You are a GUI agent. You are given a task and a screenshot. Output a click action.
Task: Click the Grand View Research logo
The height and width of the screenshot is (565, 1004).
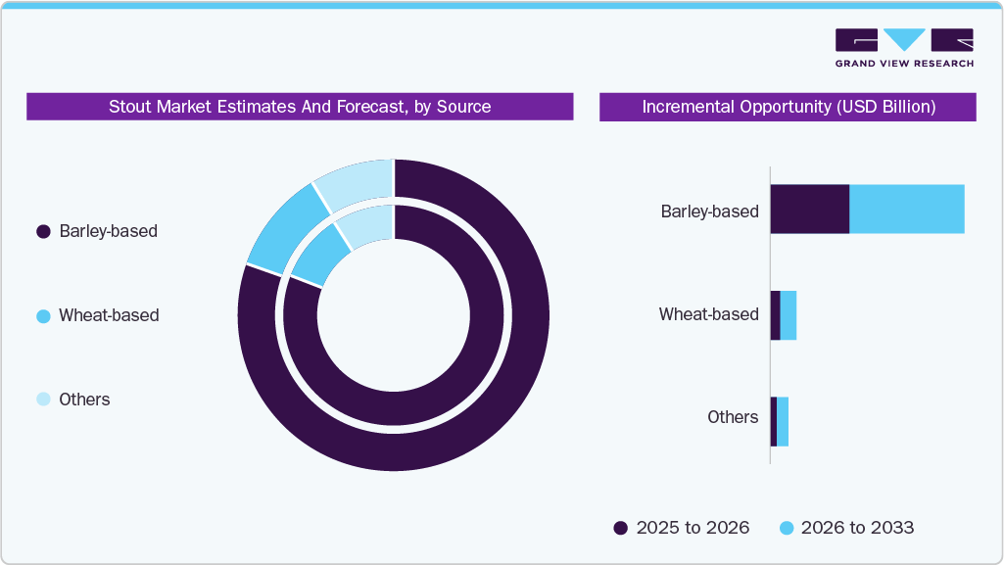pyautogui.click(x=903, y=48)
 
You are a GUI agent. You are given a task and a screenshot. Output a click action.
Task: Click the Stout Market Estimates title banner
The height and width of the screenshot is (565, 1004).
pyautogui.click(x=300, y=107)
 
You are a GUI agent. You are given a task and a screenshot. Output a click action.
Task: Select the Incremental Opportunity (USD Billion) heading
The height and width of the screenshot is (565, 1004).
pyautogui.click(x=788, y=107)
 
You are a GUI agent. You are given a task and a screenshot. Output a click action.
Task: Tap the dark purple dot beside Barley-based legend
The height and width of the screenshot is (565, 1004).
pyautogui.click(x=43, y=232)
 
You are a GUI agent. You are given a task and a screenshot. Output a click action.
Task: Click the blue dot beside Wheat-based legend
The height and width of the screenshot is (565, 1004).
pyautogui.click(x=43, y=316)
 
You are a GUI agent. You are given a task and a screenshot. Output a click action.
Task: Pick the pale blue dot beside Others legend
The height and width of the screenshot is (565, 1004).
pyautogui.click(x=43, y=400)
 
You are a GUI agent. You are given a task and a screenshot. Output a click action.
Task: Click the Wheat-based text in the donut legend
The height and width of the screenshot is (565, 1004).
pyautogui.click(x=109, y=315)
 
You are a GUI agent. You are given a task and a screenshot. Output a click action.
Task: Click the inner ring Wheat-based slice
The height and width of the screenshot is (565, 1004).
pyautogui.click(x=320, y=257)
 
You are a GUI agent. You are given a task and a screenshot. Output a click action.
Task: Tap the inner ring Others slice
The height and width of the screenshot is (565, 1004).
pyautogui.click(x=366, y=226)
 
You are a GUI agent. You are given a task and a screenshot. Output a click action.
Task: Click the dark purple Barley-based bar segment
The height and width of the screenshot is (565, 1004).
pyautogui.click(x=809, y=209)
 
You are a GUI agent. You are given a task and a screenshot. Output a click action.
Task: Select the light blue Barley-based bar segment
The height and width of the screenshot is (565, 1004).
pyautogui.click(x=906, y=209)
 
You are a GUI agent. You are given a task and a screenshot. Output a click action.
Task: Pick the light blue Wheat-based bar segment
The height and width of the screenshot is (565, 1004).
pyautogui.click(x=789, y=315)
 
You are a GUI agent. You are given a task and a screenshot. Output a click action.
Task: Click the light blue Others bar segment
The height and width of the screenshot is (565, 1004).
pyautogui.click(x=783, y=422)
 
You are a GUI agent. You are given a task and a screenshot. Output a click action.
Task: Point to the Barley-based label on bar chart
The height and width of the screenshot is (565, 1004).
pyautogui.click(x=709, y=211)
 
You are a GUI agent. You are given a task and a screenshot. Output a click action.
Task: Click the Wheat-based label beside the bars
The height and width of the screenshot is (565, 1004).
pyautogui.click(x=708, y=314)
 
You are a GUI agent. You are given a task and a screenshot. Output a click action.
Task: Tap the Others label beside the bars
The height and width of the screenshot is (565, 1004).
pyautogui.click(x=733, y=417)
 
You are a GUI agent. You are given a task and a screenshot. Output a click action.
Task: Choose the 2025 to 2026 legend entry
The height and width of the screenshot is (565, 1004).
pyautogui.click(x=682, y=528)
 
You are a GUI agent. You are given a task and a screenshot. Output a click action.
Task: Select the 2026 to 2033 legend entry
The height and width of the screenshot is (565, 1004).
pyautogui.click(x=846, y=528)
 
